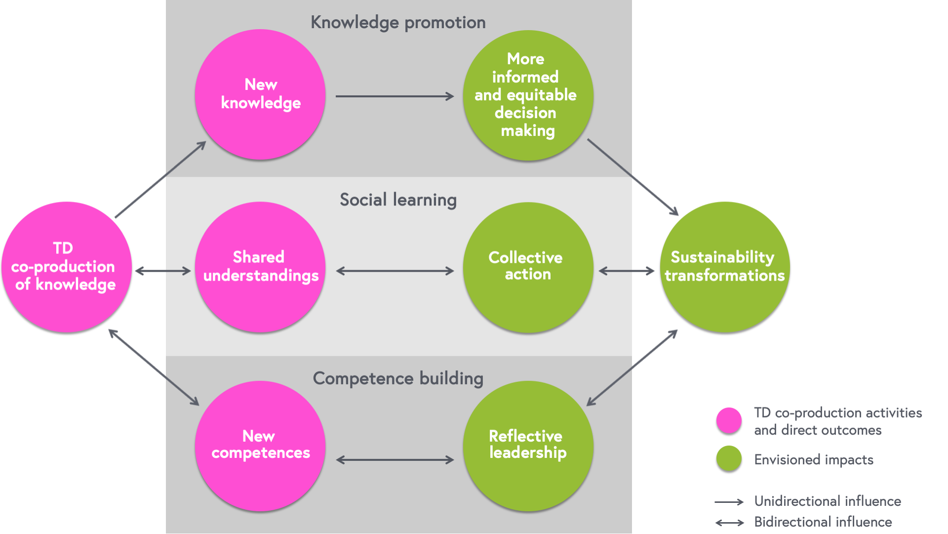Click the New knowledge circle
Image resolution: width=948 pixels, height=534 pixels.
tap(260, 94)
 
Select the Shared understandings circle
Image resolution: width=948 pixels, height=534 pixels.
tap(260, 267)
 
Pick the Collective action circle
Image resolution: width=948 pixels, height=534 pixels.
tap(528, 267)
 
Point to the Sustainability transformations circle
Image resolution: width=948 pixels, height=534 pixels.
tap(725, 267)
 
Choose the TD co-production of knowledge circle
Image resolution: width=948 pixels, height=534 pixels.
tap(67, 267)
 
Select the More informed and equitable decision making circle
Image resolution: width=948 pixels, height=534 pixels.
tap(528, 95)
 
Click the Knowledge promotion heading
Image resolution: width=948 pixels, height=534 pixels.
tap(398, 23)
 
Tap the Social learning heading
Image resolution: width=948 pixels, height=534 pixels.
tap(398, 200)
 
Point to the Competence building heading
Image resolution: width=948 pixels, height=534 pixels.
tap(398, 378)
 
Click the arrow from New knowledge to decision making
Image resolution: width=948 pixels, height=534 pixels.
tap(395, 96)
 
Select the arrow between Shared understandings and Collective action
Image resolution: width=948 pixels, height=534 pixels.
tap(395, 271)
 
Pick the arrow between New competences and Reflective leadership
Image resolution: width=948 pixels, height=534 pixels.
tap(395, 460)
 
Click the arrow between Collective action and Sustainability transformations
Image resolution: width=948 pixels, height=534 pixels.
tap(626, 271)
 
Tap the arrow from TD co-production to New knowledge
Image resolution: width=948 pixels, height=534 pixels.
tap(160, 180)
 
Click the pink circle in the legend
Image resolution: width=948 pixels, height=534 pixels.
tap(729, 420)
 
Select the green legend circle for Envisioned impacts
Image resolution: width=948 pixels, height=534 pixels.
tap(729, 458)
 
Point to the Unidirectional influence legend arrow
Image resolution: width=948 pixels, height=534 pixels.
tap(729, 502)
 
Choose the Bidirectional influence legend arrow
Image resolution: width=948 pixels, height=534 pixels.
tap(729, 523)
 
